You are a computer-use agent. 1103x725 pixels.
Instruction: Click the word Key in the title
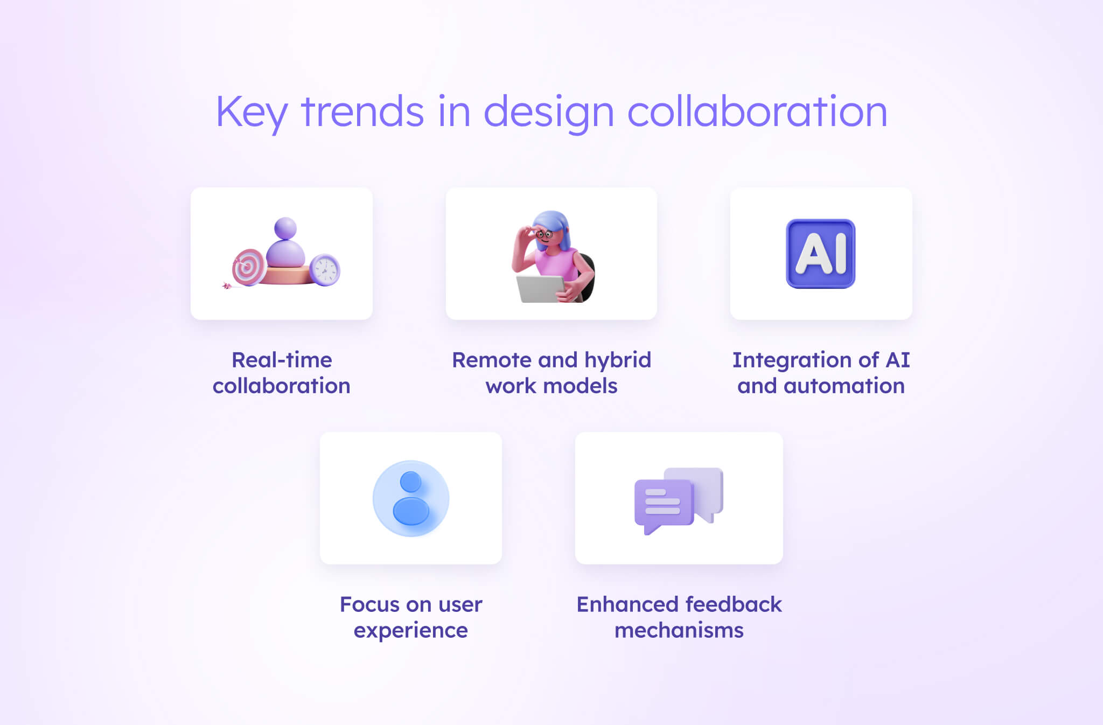(x=251, y=112)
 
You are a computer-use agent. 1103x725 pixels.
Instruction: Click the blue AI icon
(x=820, y=253)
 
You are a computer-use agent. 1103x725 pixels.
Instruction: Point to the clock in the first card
(x=325, y=269)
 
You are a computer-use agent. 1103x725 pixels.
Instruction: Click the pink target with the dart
(x=248, y=267)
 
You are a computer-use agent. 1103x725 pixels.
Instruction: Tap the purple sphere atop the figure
(x=285, y=228)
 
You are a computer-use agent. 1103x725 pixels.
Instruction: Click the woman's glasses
(x=544, y=234)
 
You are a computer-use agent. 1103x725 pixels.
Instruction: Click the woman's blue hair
(x=560, y=226)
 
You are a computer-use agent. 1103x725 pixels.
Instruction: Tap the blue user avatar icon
(x=411, y=498)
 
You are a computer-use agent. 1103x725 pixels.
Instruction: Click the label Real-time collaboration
(x=282, y=373)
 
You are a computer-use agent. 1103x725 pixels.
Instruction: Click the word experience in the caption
(x=411, y=630)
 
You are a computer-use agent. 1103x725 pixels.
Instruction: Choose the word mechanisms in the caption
(x=679, y=630)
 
